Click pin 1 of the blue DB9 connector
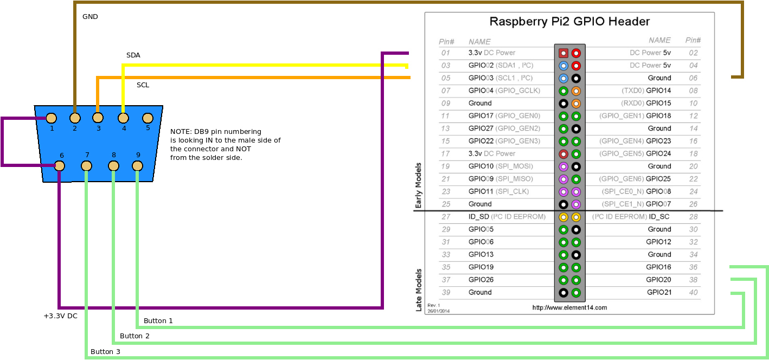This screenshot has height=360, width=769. (x=51, y=118)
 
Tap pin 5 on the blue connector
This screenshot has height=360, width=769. (x=147, y=118)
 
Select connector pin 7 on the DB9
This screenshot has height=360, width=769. (x=86, y=165)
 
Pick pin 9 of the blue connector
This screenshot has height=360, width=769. (x=137, y=165)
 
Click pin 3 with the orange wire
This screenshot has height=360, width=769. (x=98, y=118)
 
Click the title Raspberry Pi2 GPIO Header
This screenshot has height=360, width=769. (x=569, y=22)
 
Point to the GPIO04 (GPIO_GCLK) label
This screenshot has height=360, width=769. (x=504, y=91)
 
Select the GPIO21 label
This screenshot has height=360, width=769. (x=659, y=292)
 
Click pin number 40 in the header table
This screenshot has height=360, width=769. (x=693, y=292)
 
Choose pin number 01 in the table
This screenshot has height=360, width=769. (x=446, y=53)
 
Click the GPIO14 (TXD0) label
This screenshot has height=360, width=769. (x=646, y=91)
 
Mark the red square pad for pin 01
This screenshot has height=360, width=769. (x=563, y=53)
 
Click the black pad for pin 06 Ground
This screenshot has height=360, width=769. (x=576, y=78)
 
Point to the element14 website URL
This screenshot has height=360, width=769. (x=569, y=307)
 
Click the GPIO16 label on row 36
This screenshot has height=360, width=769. (x=659, y=267)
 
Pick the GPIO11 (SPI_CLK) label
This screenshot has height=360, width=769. (x=499, y=191)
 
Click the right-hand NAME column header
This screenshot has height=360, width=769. (x=659, y=40)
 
